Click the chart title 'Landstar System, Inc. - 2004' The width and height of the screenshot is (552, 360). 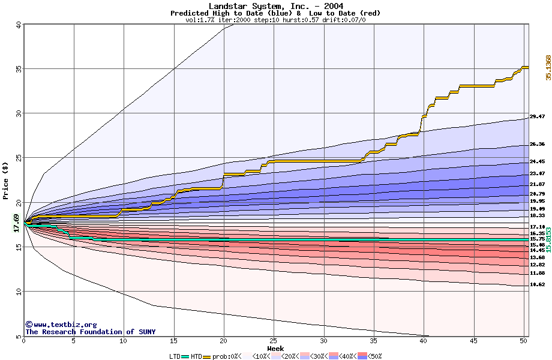(276, 6)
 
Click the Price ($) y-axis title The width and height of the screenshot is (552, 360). (5, 180)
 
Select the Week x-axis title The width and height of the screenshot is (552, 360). (275, 349)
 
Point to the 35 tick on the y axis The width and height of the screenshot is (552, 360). (18, 69)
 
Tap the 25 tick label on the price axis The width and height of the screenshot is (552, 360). (18, 158)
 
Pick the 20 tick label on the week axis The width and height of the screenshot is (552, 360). (224, 341)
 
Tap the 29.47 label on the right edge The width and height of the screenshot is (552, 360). (537, 116)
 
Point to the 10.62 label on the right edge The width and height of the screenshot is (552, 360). (537, 284)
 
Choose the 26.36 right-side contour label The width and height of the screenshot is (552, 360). (537, 145)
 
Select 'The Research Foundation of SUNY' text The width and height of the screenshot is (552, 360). (90, 332)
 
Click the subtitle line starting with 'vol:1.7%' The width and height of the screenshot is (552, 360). (276, 20)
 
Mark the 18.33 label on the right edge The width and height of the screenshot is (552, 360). (537, 215)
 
